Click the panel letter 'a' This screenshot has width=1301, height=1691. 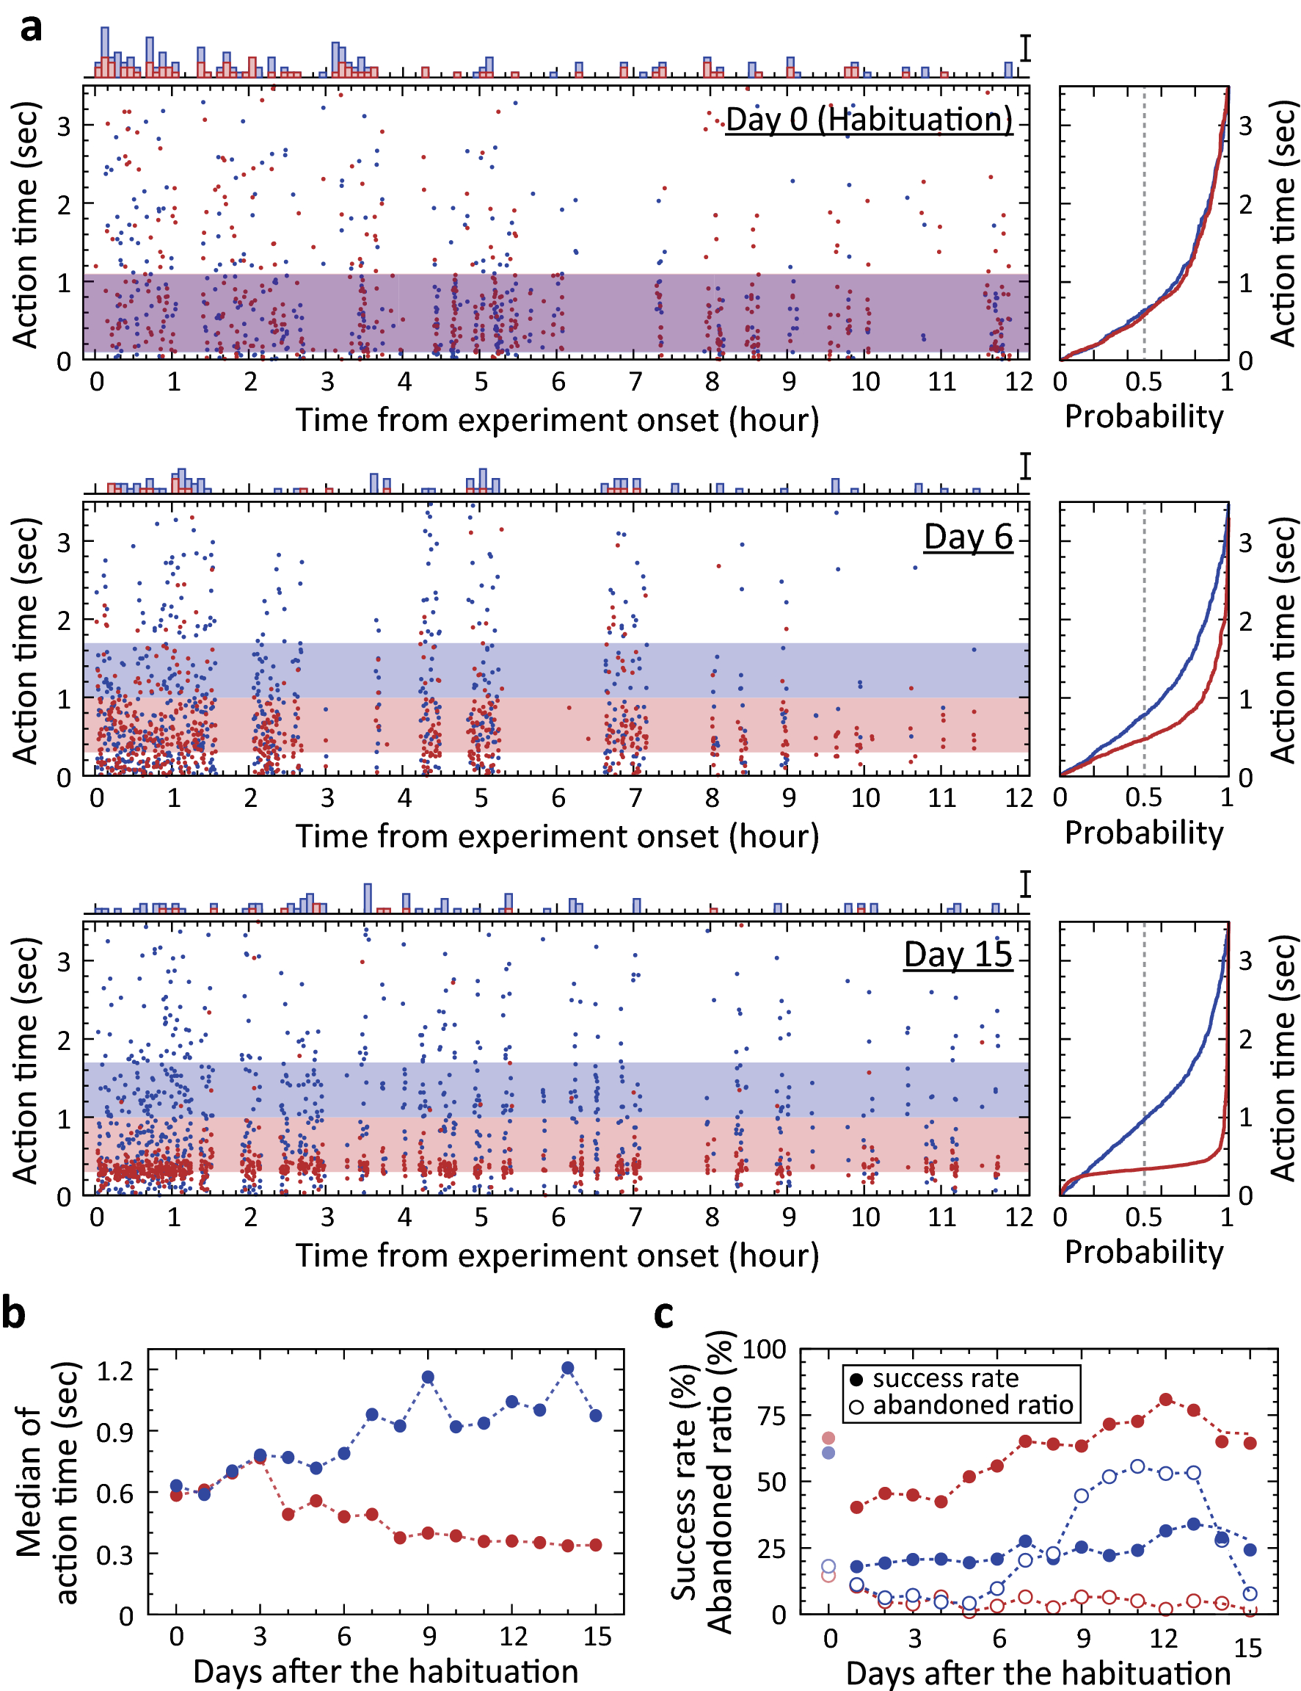31,28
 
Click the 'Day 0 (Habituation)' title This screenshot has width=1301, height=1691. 868,120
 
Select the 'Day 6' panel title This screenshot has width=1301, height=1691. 967,537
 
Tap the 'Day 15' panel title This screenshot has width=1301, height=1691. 958,954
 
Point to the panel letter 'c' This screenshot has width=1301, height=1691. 663,1314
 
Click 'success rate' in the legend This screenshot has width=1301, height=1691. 945,1378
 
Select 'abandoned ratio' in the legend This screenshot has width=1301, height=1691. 972,1405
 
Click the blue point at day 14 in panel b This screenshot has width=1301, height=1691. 567,1368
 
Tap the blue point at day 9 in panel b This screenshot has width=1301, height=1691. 428,1377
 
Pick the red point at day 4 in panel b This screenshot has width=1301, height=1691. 288,1514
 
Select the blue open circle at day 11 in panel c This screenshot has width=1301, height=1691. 1137,1466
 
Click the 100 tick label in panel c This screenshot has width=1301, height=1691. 764,1350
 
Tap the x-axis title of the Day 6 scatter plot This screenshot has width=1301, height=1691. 556,836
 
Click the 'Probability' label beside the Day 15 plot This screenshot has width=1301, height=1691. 1143,1252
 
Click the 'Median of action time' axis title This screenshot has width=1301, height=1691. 46,1482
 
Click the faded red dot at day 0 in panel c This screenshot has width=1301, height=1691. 828,1438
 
